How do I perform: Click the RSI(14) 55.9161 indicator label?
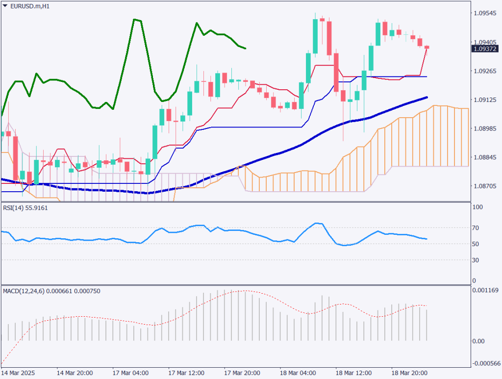click(25, 208)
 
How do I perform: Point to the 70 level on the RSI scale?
click(475, 227)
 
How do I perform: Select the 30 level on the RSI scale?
click(475, 260)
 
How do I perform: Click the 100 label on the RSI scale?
click(477, 207)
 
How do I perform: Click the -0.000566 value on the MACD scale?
click(485, 363)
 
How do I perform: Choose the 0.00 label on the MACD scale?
click(478, 341)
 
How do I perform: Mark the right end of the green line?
click(245, 48)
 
